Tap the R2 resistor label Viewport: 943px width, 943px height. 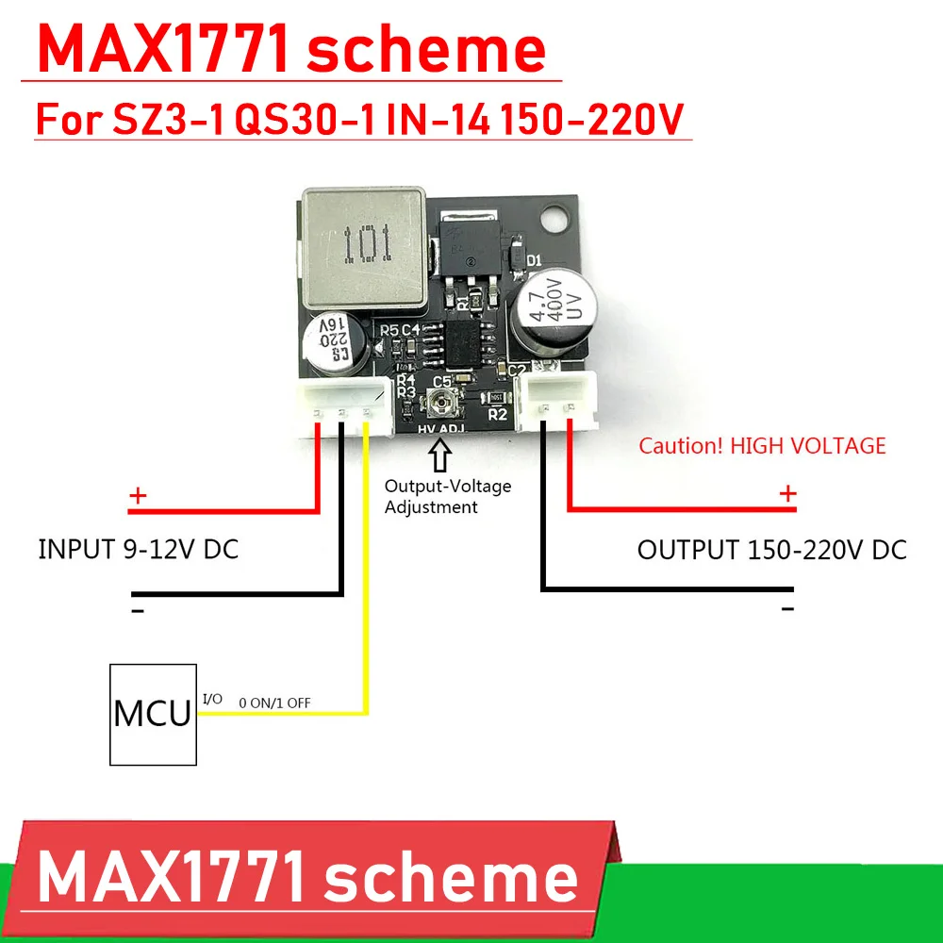(x=499, y=413)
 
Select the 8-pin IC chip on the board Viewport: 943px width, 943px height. (x=461, y=346)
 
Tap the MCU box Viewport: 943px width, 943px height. (x=153, y=714)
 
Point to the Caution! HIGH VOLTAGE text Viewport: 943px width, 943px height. (x=762, y=446)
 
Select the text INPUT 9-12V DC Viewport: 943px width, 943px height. (x=139, y=550)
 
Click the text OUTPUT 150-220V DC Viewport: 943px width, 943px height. (x=771, y=550)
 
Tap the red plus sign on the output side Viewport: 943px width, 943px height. (x=787, y=493)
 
